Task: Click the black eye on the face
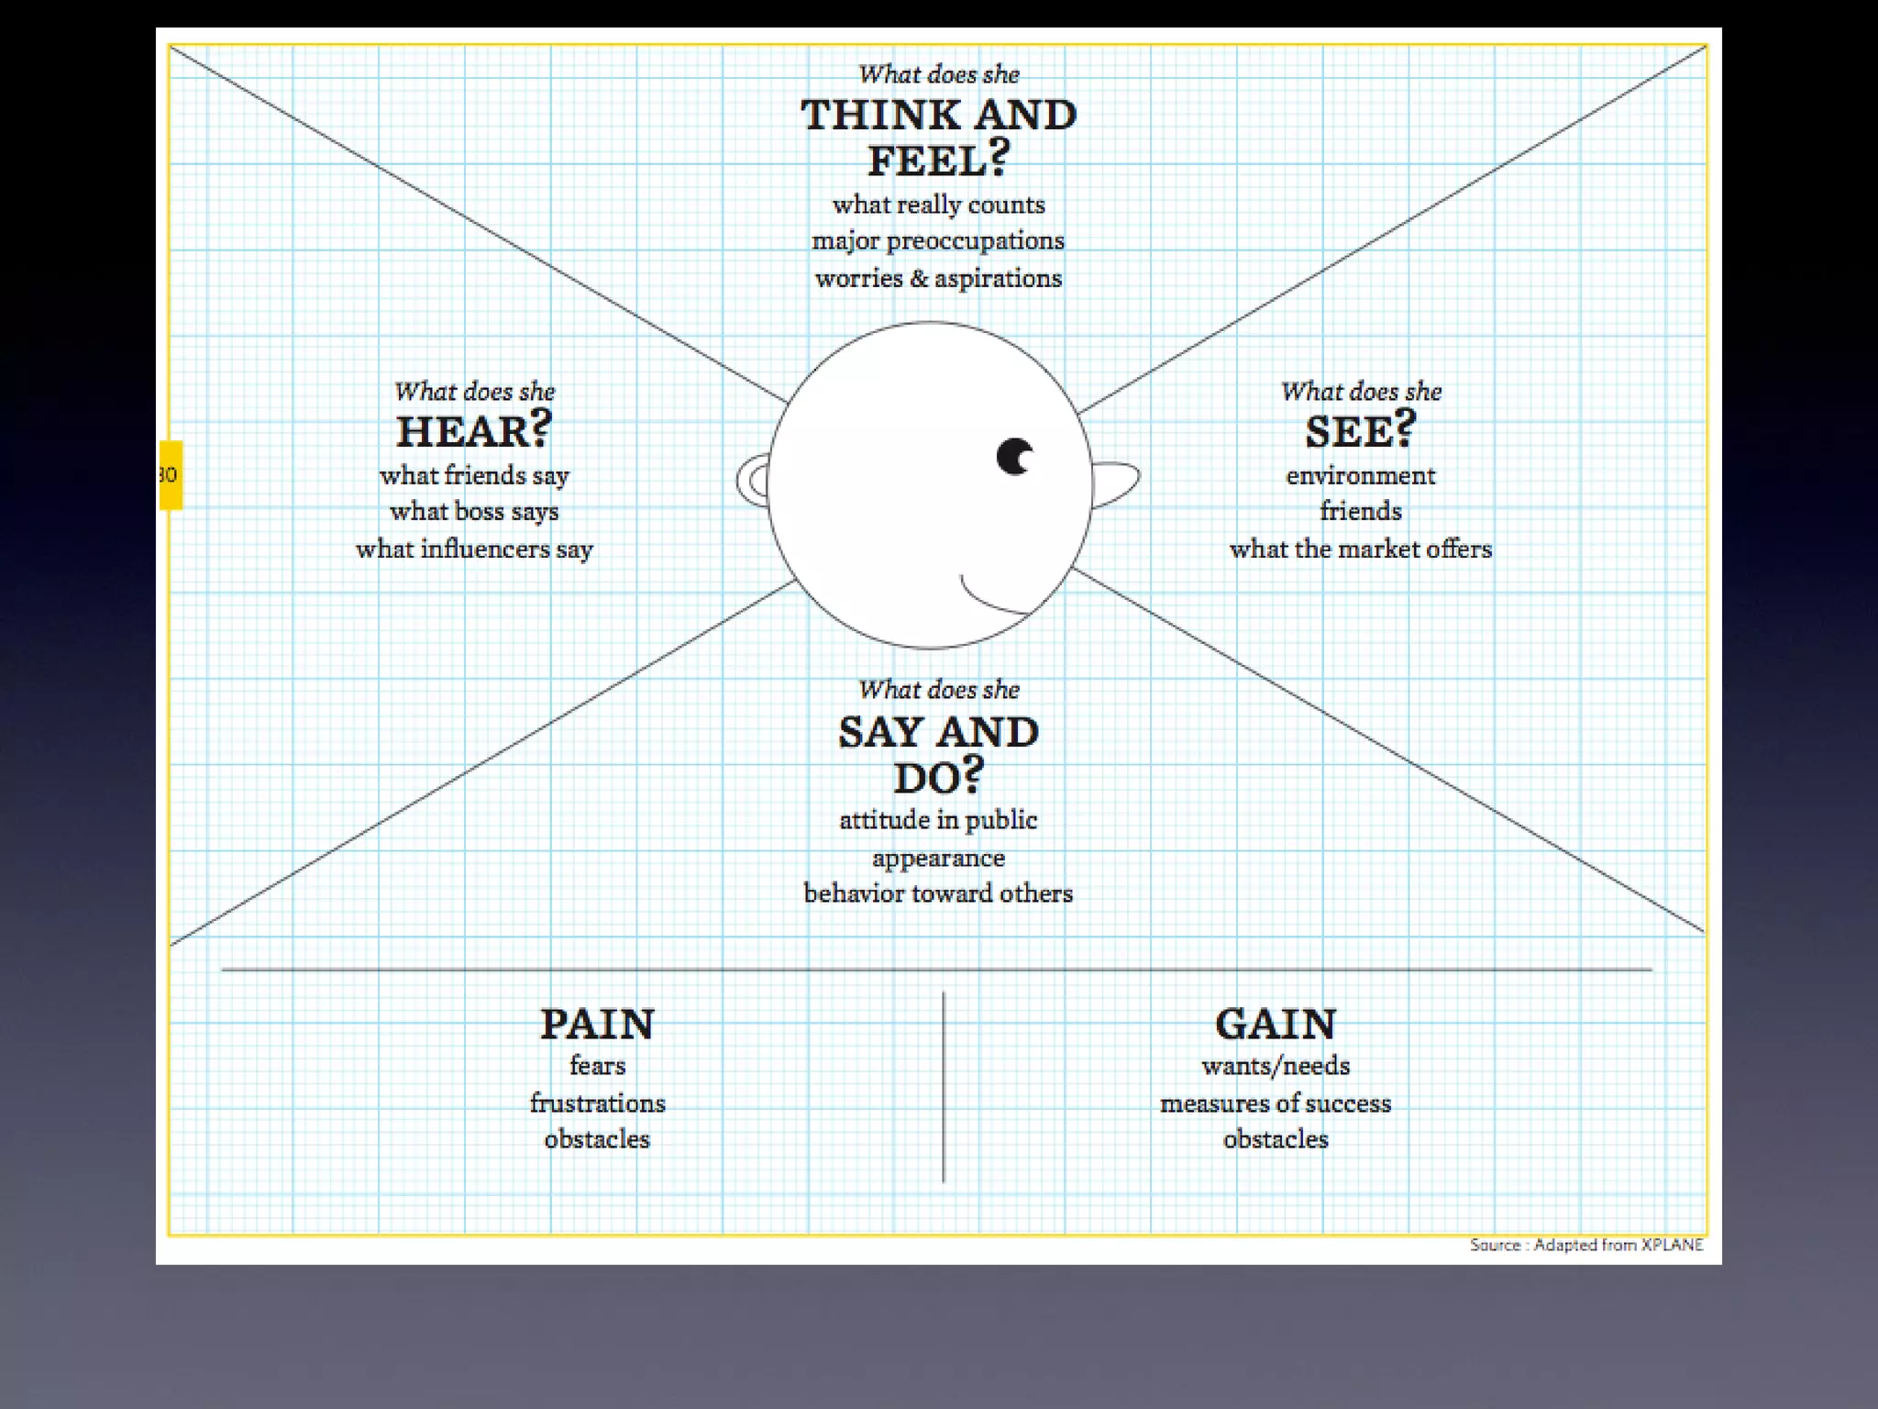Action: pos(1014,456)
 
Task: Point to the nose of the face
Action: pos(1115,482)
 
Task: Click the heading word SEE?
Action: pos(1361,431)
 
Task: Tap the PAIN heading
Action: pos(597,1024)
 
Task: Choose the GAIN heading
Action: pos(1276,1024)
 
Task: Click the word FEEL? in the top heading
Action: pos(938,160)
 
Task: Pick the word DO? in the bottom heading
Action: pos(938,777)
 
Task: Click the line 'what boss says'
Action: pos(474,512)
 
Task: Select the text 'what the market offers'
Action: pos(1361,549)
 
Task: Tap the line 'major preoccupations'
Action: pos(938,241)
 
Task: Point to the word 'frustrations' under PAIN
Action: pos(597,1103)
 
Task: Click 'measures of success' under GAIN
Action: pos(1276,1103)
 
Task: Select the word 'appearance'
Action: pos(938,859)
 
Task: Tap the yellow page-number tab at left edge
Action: pos(171,475)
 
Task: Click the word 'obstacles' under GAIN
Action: pos(1276,1139)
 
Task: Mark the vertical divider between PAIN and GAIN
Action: pos(943,1087)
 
